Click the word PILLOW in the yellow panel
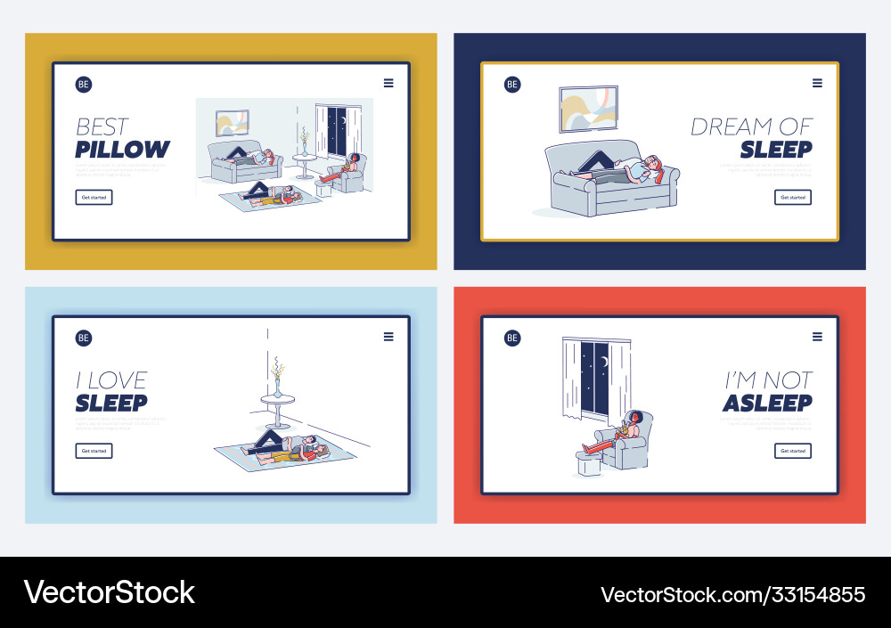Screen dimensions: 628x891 tap(122, 150)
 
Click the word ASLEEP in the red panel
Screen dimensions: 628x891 tap(767, 404)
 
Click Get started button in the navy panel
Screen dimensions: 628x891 tap(792, 197)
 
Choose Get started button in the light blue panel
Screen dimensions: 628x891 tap(94, 451)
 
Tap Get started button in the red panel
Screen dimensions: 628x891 tap(792, 451)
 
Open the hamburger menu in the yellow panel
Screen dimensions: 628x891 tap(388, 84)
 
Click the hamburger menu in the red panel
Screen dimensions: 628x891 tap(817, 337)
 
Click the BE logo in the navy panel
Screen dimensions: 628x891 tap(512, 85)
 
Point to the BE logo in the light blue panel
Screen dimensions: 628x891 tap(84, 338)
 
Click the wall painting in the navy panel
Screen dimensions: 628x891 tap(588, 109)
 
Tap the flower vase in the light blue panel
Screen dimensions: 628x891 tap(277, 378)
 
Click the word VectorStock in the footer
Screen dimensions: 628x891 tap(109, 592)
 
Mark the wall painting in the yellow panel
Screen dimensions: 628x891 tap(233, 122)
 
